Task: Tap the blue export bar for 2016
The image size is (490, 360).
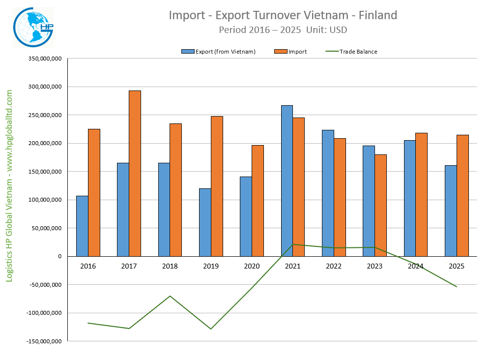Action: [x=82, y=226]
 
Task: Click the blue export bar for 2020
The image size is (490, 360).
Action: [x=246, y=216]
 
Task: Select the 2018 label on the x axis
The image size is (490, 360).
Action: [x=170, y=266]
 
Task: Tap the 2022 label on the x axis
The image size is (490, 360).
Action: [x=334, y=266]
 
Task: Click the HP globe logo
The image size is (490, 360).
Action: [x=33, y=27]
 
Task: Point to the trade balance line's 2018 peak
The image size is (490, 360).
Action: [x=170, y=296]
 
